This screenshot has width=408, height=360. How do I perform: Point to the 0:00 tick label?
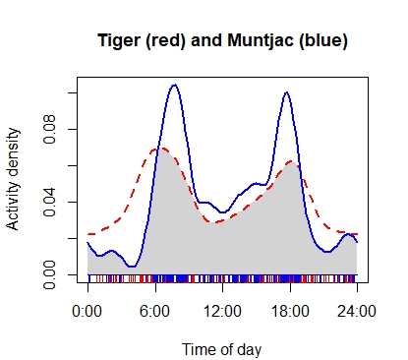coord(87,312)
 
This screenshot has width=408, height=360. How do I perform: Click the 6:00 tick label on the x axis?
coord(155,312)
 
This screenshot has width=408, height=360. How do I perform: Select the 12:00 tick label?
coord(222,312)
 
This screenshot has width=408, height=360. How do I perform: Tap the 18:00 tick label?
coord(289,312)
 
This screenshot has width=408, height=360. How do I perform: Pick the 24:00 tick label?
coord(357,312)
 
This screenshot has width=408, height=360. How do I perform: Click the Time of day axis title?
coord(222,347)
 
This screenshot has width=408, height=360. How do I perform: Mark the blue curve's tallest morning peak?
coord(174,85)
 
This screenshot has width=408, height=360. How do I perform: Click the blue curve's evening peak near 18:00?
coord(286,92)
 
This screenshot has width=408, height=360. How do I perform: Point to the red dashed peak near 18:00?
coord(291,161)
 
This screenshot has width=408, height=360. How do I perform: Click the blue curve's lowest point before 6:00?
coord(131,267)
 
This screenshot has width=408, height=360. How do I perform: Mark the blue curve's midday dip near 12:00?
coord(223,211)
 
